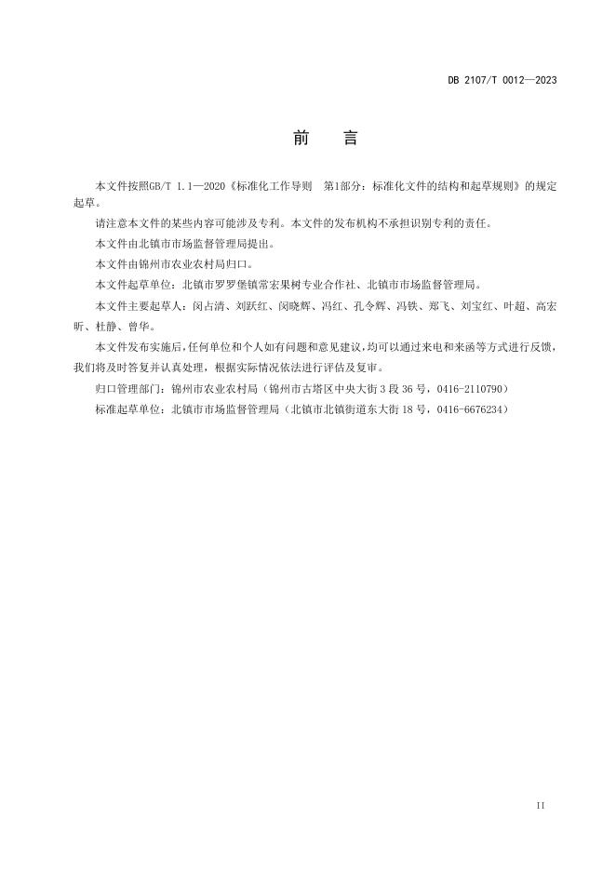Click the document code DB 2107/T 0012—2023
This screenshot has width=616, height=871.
coord(502,80)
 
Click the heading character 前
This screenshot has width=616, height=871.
coord(301,139)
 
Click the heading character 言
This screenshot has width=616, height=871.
coord(350,139)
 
